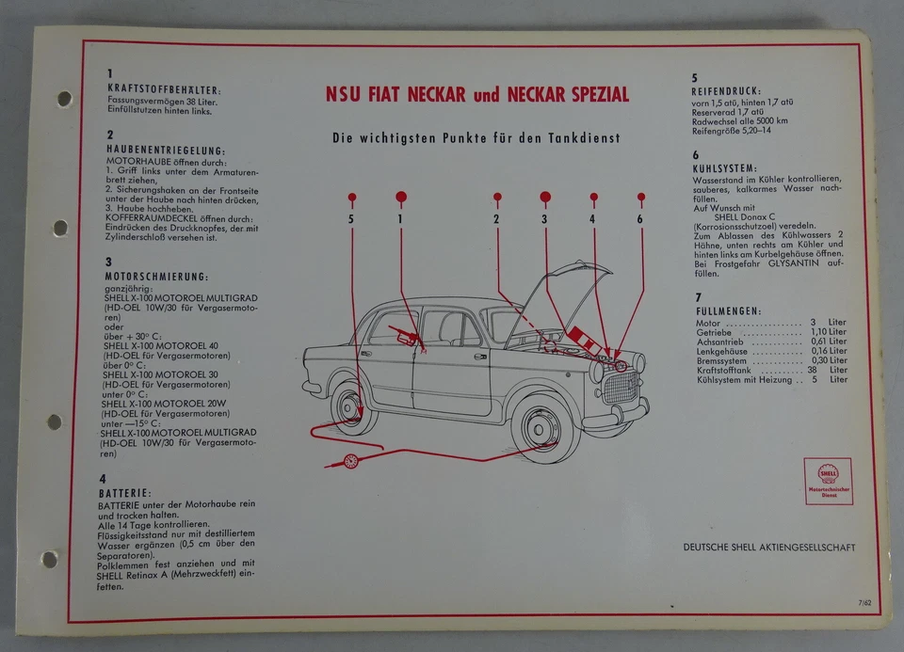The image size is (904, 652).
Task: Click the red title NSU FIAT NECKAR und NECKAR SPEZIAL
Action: pos(476,95)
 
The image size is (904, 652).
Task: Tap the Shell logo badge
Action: pos(828,481)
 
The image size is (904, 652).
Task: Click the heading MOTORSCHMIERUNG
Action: pos(156,277)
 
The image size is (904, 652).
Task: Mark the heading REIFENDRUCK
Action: pos(727,92)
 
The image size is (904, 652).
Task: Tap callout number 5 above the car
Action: pos(351,219)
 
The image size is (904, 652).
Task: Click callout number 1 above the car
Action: pos(400,219)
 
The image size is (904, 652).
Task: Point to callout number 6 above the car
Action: pos(640,219)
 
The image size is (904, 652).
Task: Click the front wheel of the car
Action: pos(546,428)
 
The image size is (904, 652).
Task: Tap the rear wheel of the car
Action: pos(350,404)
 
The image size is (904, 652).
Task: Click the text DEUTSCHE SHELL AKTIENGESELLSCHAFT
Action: pos(769,547)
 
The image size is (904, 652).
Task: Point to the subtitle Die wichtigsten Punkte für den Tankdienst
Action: pos(476,137)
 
